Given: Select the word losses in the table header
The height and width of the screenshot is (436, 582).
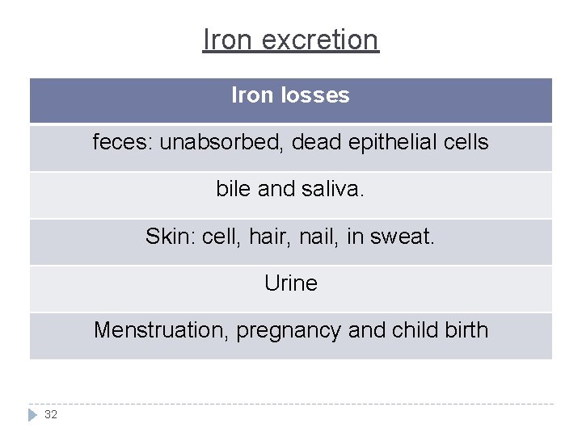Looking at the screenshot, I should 316,95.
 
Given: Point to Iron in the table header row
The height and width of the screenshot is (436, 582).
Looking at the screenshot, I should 252,95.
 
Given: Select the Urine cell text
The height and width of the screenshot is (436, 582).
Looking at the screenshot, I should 291,283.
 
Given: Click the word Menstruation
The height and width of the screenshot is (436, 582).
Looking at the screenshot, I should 161,330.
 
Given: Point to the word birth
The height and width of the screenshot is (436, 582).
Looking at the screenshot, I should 464,330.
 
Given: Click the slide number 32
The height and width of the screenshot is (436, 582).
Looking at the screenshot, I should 51,414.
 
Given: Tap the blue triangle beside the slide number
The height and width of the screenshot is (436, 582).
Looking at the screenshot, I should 33,414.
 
